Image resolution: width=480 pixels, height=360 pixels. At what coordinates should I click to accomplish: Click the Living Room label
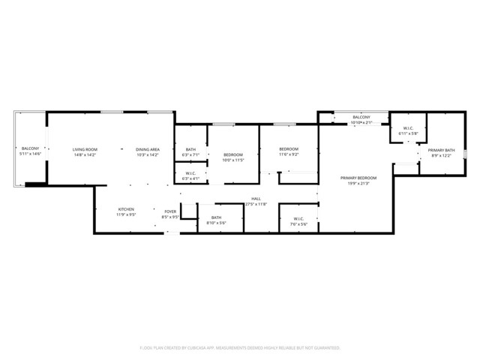tap(85, 149)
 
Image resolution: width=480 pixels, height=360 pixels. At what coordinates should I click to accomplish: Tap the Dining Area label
tap(147, 149)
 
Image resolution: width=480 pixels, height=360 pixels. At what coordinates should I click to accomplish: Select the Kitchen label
tap(126, 209)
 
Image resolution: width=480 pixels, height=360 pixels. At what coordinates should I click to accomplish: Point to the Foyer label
tap(170, 211)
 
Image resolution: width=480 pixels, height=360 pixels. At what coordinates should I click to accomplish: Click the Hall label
tap(256, 199)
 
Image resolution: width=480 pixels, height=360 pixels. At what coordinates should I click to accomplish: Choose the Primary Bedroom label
tap(358, 178)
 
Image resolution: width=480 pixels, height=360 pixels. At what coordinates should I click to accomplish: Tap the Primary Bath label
tap(441, 151)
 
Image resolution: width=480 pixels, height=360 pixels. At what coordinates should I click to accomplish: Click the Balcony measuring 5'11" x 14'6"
tap(30, 148)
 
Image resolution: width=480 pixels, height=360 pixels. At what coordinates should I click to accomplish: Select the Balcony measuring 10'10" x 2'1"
tap(361, 118)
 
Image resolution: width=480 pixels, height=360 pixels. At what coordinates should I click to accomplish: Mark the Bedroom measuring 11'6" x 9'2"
tap(289, 149)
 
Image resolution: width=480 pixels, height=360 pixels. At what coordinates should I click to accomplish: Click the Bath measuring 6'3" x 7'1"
tap(190, 149)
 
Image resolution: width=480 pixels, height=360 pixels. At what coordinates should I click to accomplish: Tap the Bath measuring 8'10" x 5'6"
tap(216, 217)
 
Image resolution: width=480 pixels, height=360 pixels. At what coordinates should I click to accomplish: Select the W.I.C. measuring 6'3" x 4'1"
tap(190, 173)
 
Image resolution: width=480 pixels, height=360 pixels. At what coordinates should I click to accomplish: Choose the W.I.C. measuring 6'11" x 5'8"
tap(409, 128)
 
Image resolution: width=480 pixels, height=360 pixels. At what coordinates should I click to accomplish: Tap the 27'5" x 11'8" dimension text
tap(256, 204)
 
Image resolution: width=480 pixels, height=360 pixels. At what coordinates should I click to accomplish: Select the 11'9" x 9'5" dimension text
tap(126, 214)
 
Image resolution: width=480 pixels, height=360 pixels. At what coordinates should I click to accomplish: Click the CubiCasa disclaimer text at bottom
tap(240, 347)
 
